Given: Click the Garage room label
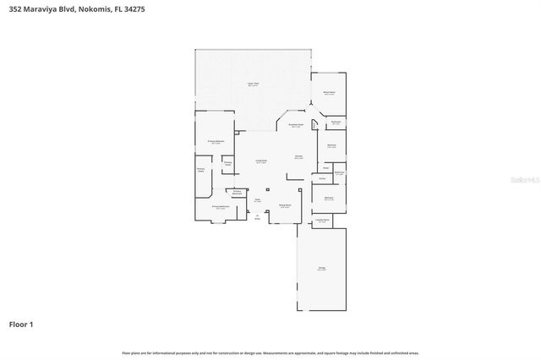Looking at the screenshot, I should [x=322, y=269].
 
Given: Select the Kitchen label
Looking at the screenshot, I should [x=298, y=157].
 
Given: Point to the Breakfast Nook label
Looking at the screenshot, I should [x=296, y=125].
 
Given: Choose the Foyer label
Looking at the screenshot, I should [x=257, y=200].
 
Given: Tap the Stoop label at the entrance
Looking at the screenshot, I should [x=258, y=216].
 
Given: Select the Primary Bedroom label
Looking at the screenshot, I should [x=216, y=142].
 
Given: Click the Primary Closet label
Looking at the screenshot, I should [x=201, y=170].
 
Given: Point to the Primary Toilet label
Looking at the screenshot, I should [x=227, y=163].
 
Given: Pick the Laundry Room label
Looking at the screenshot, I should [x=322, y=219].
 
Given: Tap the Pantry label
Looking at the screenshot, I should [x=322, y=178].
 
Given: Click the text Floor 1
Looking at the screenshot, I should [x=21, y=324].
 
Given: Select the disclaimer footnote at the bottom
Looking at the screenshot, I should [x=270, y=352].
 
